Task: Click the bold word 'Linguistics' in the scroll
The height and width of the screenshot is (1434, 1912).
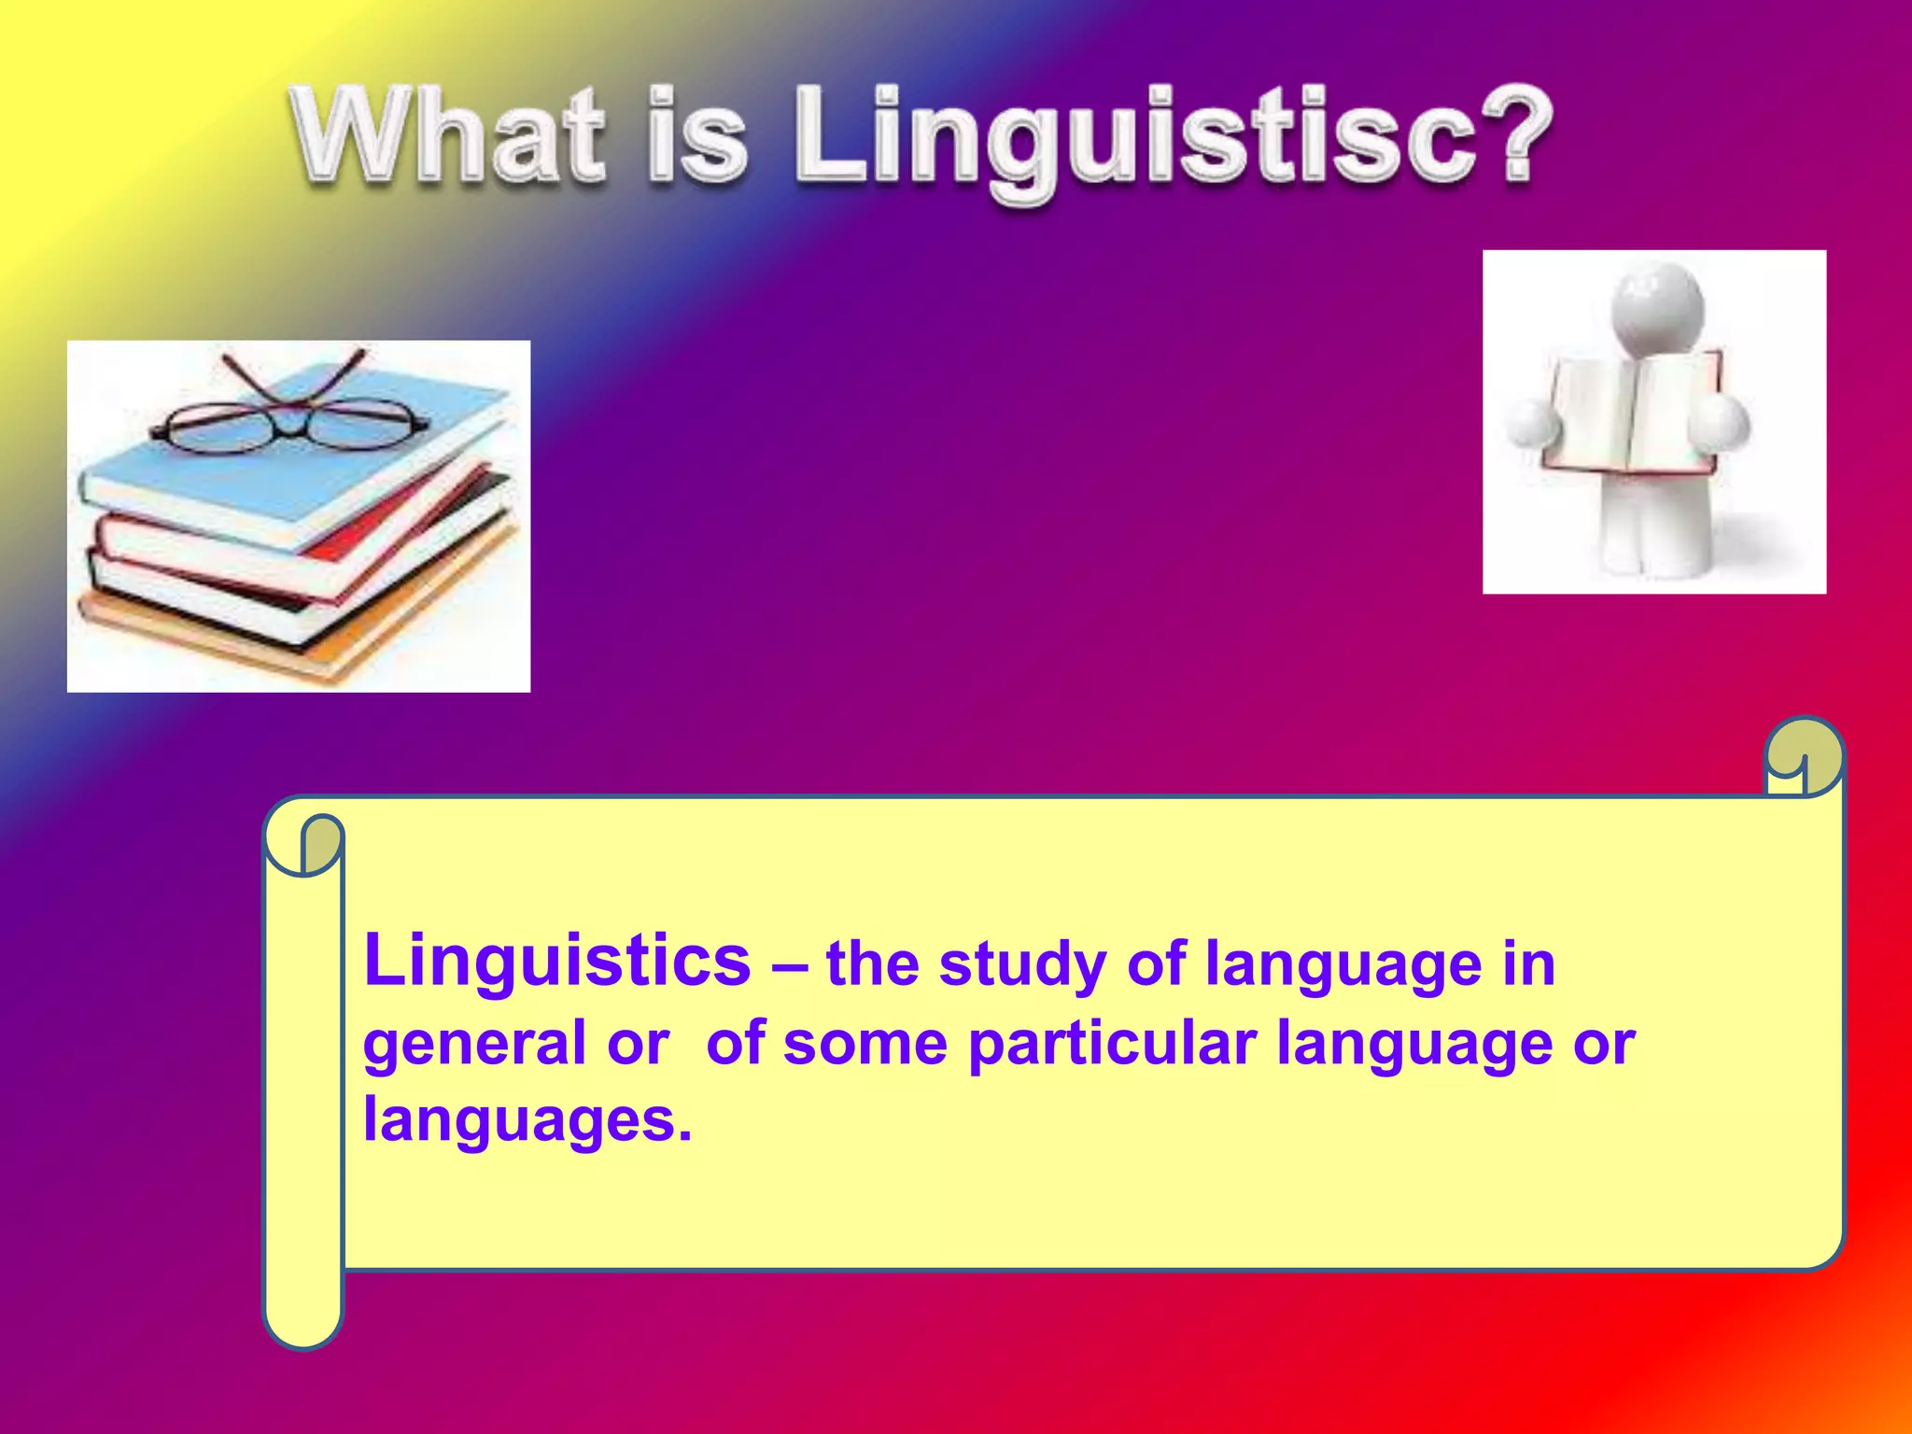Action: [557, 961]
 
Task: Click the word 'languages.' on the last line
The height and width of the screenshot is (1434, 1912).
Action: [527, 1119]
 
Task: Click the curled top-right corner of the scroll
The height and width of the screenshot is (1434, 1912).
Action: [1804, 756]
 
